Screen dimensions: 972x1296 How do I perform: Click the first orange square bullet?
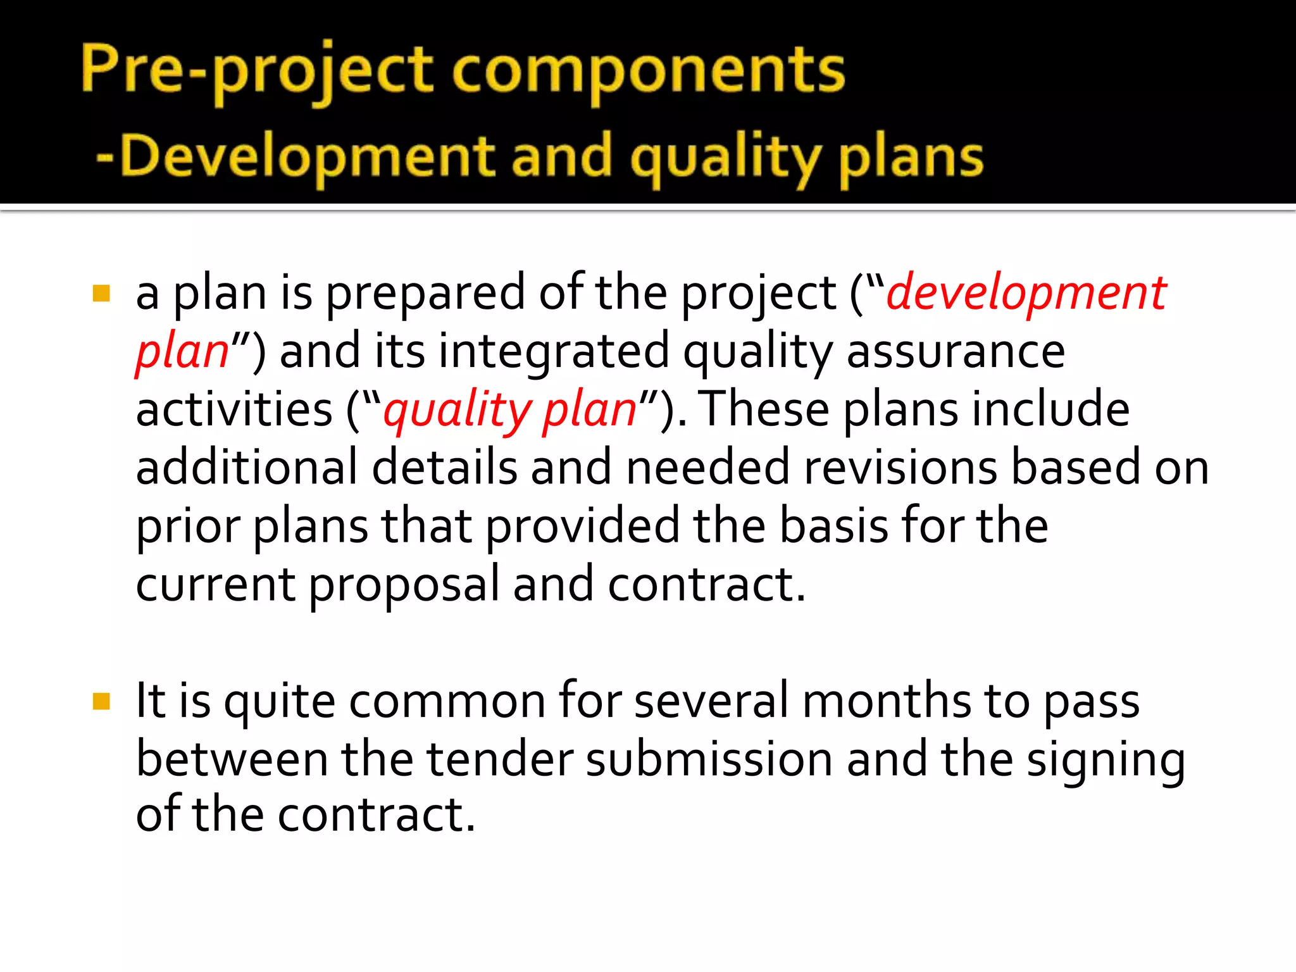tap(101, 294)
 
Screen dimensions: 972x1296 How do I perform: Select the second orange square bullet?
tap(101, 701)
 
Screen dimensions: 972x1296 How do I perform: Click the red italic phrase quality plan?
tap(510, 410)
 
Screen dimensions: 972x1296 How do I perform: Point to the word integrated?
tap(554, 352)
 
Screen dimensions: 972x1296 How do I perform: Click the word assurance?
tap(956, 352)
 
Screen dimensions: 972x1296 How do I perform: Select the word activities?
tap(234, 410)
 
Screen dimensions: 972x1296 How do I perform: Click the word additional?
tap(247, 468)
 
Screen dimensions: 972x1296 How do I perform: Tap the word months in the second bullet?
tap(887, 701)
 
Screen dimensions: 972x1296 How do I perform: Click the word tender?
tap(500, 759)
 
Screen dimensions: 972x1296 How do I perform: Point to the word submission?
tap(709, 759)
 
